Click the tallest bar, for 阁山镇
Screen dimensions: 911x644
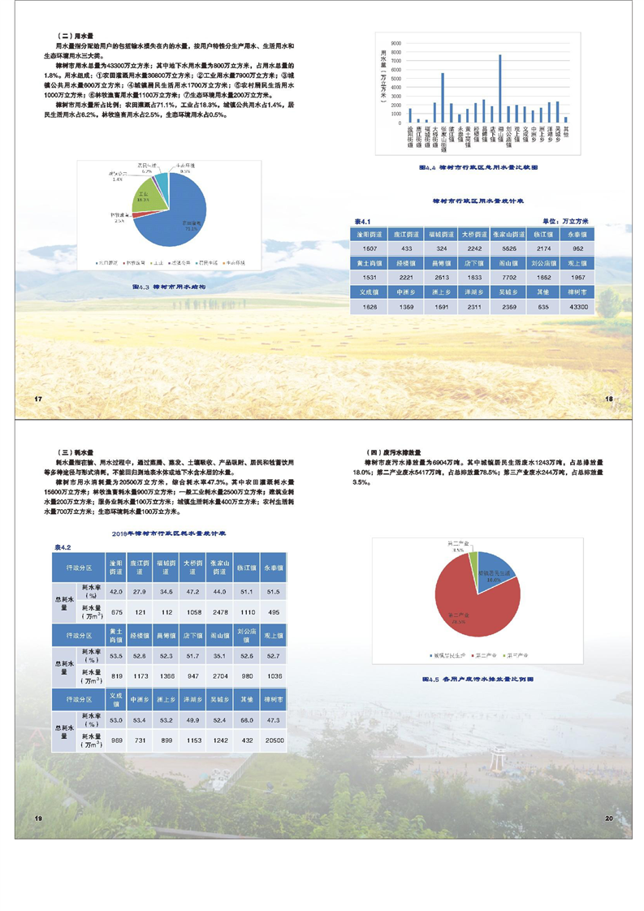pos(499,89)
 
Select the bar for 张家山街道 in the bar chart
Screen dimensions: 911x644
pos(443,98)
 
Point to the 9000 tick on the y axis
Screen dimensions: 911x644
pos(396,43)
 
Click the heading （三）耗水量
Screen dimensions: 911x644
pos(78,451)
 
